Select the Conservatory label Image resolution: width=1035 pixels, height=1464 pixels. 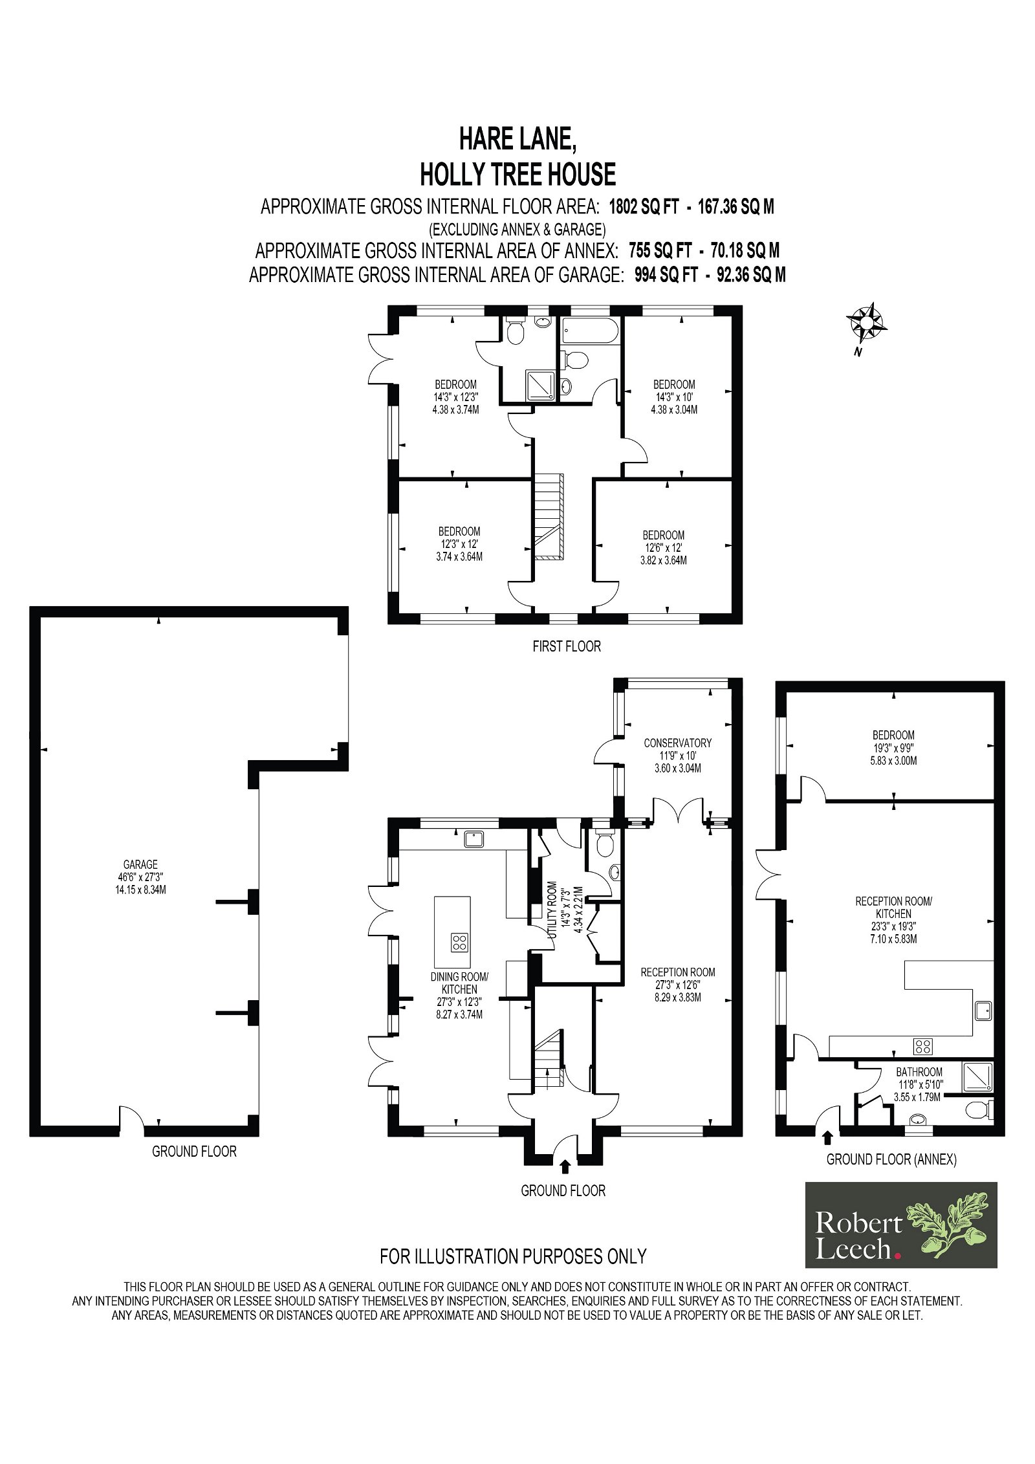[677, 756]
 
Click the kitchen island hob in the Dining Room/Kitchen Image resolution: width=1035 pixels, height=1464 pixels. [459, 942]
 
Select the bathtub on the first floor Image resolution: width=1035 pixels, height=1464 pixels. [590, 330]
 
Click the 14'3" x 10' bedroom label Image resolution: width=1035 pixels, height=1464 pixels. [674, 397]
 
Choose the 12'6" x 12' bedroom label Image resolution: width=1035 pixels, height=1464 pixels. [663, 548]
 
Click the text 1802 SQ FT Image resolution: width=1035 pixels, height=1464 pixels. [644, 207]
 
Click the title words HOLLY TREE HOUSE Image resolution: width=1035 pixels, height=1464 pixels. [517, 174]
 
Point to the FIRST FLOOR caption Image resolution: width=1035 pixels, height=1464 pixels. [567, 646]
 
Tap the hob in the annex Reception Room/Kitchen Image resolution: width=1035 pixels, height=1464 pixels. [922, 1045]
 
